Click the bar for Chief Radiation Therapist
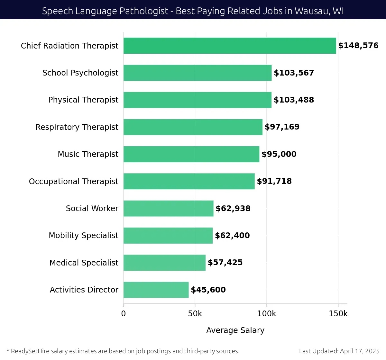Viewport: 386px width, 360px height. (230, 46)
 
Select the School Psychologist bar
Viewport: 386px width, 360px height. (198, 73)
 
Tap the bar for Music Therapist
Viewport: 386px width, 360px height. (191, 154)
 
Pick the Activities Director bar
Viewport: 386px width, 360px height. (156, 290)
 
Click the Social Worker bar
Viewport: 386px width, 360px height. (168, 209)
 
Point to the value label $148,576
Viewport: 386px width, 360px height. (358, 46)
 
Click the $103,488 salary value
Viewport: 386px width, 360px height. (294, 100)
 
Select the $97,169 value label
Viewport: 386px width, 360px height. (282, 127)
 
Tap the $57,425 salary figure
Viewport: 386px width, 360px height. (225, 263)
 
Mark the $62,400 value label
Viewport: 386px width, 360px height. (232, 236)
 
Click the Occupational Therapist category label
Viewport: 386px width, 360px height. (74, 182)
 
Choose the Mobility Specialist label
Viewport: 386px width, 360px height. (83, 236)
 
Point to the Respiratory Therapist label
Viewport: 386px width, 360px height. (77, 127)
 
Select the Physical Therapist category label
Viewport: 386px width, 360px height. (83, 100)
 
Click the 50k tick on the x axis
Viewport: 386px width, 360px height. (195, 314)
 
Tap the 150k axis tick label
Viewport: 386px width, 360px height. (338, 314)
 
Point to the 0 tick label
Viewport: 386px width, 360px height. (124, 314)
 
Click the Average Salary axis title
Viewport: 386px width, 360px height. (235, 330)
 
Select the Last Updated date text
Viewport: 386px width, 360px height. (339, 351)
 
